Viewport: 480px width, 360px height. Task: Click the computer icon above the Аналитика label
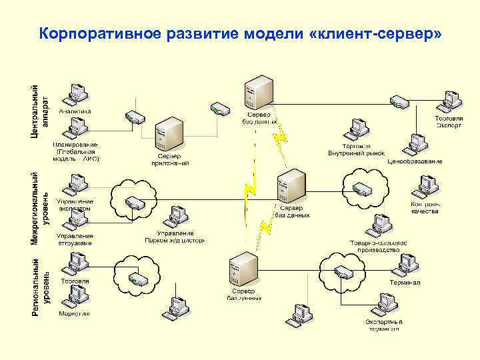point(75,96)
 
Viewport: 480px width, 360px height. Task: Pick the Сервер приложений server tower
point(169,136)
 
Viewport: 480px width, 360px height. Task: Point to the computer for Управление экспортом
point(75,185)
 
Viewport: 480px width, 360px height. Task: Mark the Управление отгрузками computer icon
point(75,219)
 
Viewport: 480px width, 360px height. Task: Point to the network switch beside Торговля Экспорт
point(399,101)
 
